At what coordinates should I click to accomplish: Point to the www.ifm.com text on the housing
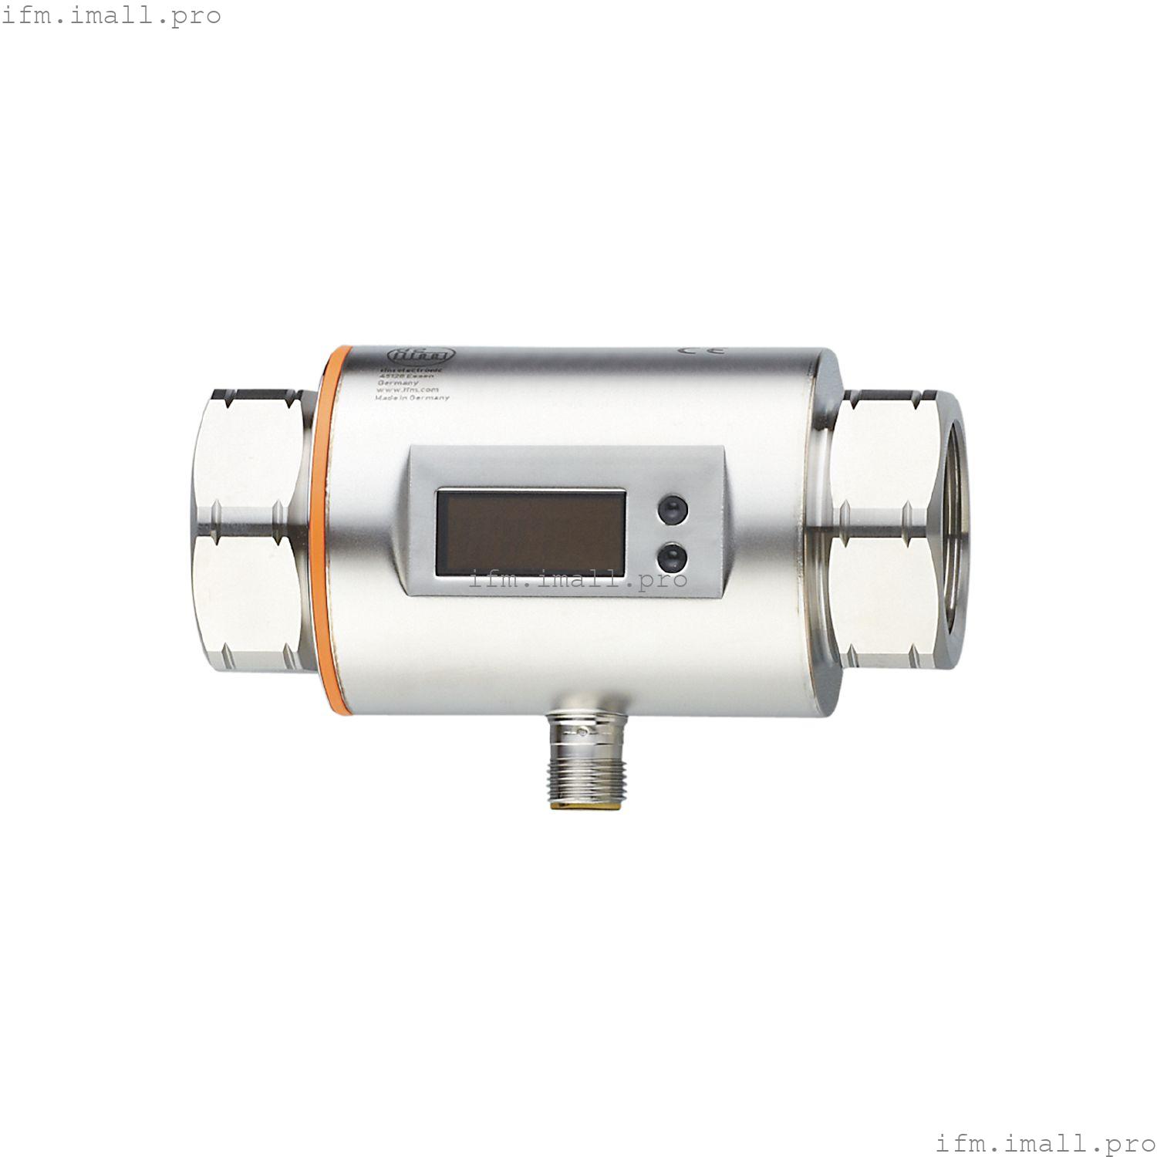pos(407,390)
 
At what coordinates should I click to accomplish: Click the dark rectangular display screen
pos(530,530)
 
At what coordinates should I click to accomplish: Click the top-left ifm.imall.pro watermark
pos(111,15)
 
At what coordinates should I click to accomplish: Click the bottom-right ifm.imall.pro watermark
pos(1045,1141)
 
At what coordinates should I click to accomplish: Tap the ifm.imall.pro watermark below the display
pos(578,579)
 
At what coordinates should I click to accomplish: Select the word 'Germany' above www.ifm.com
pos(398,383)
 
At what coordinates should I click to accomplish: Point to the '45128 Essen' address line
pos(406,376)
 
